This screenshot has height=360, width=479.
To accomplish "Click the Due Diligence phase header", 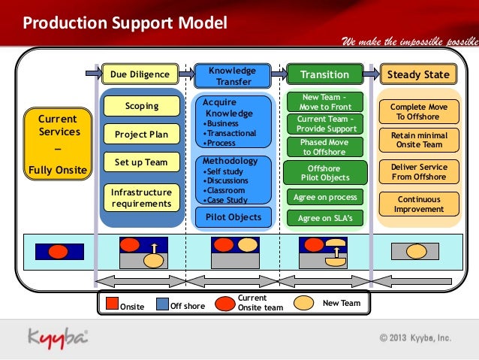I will tap(140, 74).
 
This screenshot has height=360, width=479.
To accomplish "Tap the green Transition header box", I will tap(324, 74).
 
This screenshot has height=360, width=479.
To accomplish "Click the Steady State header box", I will tap(417, 74).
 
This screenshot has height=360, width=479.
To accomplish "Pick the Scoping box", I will tap(142, 106).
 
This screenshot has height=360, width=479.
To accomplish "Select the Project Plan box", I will tap(142, 135).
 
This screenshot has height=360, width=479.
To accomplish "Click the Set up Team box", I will tap(142, 162).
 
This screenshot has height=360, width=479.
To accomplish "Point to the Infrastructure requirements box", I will tap(142, 198).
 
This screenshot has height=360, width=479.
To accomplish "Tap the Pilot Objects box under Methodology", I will tap(233, 217).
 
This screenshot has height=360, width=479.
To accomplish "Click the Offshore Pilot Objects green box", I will tap(324, 173).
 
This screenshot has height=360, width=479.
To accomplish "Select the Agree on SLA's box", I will tap(324, 218).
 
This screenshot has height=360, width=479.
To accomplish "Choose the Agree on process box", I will tap(324, 197).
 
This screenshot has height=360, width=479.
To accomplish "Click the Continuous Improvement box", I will tap(418, 204).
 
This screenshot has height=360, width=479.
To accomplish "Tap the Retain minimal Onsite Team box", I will tap(418, 140).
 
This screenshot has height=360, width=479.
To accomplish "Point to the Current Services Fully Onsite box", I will tap(58, 144).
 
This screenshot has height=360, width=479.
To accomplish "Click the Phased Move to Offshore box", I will tap(324, 147).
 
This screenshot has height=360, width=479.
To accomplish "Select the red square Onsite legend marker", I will tap(112, 304).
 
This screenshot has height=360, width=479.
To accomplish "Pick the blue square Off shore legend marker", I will tap(161, 304).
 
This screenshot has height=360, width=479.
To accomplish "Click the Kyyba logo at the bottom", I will tap(59, 336).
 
